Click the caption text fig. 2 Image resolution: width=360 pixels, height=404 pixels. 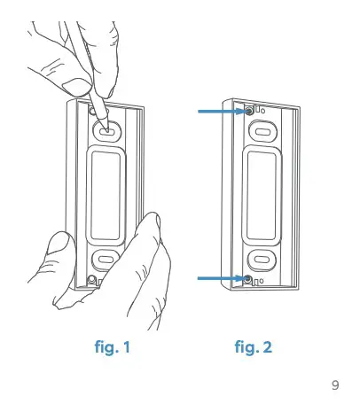[x=253, y=347]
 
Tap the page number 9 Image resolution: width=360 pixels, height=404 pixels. [x=334, y=385]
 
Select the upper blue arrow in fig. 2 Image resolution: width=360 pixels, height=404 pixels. [x=220, y=111]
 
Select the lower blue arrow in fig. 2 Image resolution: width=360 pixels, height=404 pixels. [x=220, y=279]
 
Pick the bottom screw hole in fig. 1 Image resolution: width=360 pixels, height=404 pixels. [x=93, y=282]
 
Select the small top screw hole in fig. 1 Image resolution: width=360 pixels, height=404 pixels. [x=95, y=113]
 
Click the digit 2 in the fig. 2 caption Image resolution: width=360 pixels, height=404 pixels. [x=267, y=347]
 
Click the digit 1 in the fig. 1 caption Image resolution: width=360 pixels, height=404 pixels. [x=126, y=347]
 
